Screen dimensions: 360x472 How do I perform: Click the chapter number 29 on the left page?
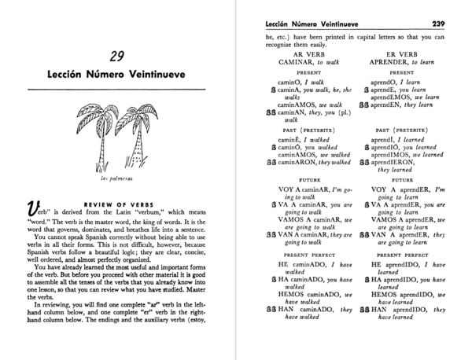pyautogui.click(x=116, y=57)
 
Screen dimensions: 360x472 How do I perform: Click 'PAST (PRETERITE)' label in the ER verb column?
pyautogui.click(x=406, y=128)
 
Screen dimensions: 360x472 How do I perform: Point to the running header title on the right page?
pyautogui.click(x=319, y=23)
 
